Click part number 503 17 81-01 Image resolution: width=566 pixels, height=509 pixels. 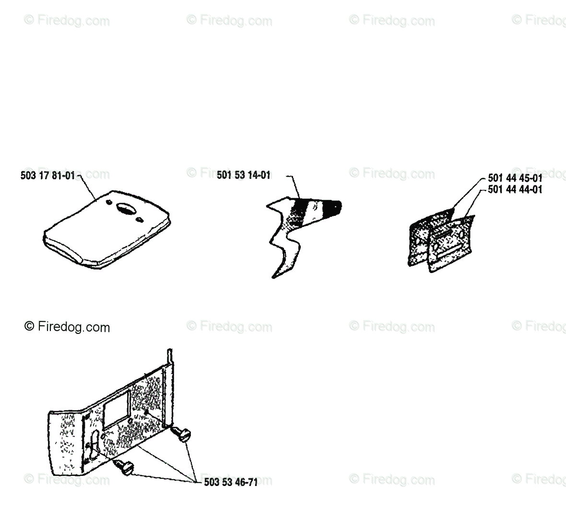coord(48,176)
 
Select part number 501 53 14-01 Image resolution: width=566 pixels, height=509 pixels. coord(243,176)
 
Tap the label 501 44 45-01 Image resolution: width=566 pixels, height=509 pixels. coord(515,178)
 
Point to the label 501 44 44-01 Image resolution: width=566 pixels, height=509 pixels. coord(515,189)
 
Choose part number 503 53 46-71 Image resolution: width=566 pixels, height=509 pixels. coord(231,482)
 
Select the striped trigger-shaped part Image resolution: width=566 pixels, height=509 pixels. coord(293,225)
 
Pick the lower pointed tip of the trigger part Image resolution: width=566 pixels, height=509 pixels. coord(275,275)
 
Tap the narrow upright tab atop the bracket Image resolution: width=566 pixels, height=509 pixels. coord(169,358)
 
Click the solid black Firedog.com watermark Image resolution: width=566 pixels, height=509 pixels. coord(67,327)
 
